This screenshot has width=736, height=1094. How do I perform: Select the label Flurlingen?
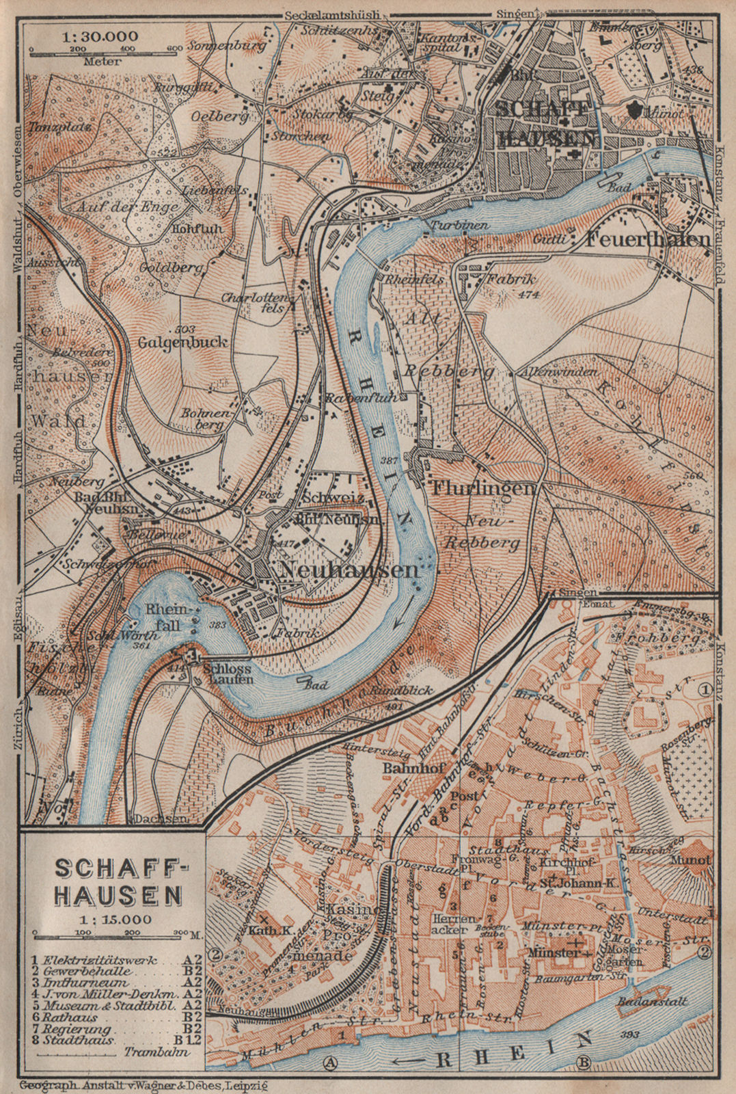coord(483,488)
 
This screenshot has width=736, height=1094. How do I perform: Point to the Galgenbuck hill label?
coord(182,341)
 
